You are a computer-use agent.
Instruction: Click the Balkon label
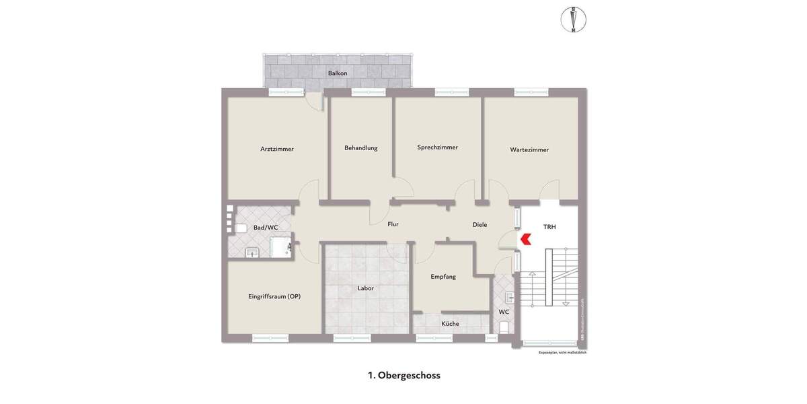point(337,73)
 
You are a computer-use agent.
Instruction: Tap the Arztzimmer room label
point(277,149)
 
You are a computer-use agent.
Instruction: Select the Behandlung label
point(361,148)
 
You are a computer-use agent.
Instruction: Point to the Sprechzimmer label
point(437,147)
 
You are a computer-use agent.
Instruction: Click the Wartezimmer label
point(529,150)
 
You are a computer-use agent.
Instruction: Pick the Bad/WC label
point(266,228)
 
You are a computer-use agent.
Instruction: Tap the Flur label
point(393,224)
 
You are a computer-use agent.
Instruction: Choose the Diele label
point(479,225)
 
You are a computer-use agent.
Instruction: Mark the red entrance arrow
point(526,238)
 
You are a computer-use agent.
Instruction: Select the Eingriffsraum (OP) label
point(274,296)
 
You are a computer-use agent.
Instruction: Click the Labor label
point(365,288)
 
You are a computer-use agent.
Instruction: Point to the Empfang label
point(443,277)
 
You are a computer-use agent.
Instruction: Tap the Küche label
point(450,324)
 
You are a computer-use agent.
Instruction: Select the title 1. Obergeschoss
point(403,376)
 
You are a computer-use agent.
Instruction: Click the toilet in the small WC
point(504,327)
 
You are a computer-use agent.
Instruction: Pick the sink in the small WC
point(508,295)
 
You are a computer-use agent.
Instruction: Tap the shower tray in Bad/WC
point(280,247)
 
